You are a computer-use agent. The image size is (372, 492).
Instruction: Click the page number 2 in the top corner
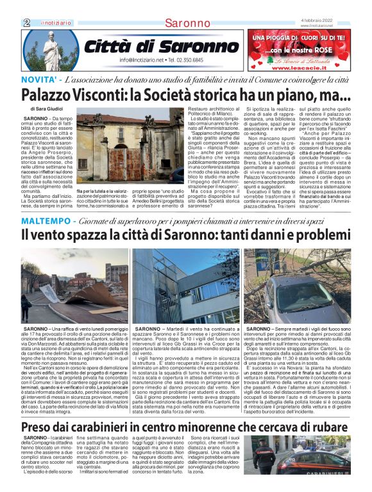(27, 22)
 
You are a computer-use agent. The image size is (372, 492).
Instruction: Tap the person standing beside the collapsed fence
(25, 304)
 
